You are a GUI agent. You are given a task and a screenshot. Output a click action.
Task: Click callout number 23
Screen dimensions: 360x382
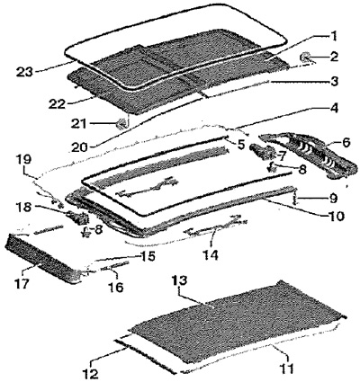(x=24, y=72)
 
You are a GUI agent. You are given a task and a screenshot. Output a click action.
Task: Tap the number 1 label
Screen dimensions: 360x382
(x=332, y=38)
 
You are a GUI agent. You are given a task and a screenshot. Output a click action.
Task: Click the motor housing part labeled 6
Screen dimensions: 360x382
(x=309, y=157)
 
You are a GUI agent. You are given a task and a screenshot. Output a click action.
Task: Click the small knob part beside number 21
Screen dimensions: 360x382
(x=121, y=123)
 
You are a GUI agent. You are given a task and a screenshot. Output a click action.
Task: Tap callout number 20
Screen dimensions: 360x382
(x=80, y=147)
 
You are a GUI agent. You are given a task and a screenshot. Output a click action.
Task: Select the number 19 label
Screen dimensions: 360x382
(x=24, y=159)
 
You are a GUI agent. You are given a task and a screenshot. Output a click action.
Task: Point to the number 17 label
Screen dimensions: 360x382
(x=22, y=282)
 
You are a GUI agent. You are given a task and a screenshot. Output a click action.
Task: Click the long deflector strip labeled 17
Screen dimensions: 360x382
(x=43, y=258)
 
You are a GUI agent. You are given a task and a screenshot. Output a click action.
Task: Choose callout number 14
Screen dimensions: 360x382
(x=210, y=254)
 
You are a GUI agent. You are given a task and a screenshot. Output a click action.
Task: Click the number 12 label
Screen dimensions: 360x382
(x=90, y=374)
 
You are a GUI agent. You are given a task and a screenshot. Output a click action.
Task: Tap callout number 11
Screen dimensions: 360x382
(x=286, y=369)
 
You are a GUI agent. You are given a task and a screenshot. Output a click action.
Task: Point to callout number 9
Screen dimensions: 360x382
(x=332, y=199)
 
